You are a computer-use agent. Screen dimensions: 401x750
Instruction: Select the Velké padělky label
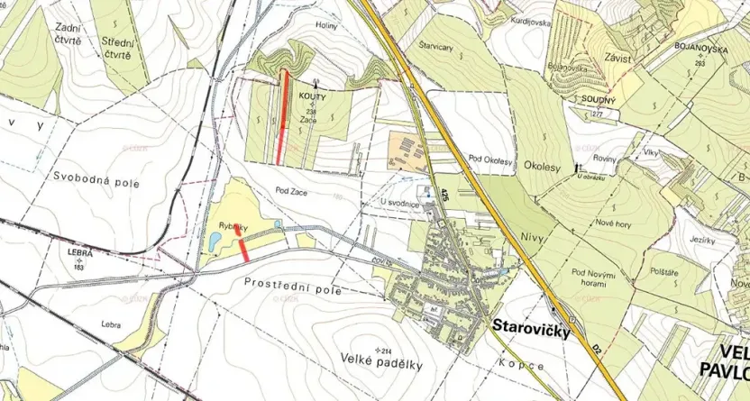pyautogui.click(x=382, y=364)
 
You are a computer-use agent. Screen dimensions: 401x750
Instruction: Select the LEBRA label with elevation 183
pyautogui.click(x=80, y=255)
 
